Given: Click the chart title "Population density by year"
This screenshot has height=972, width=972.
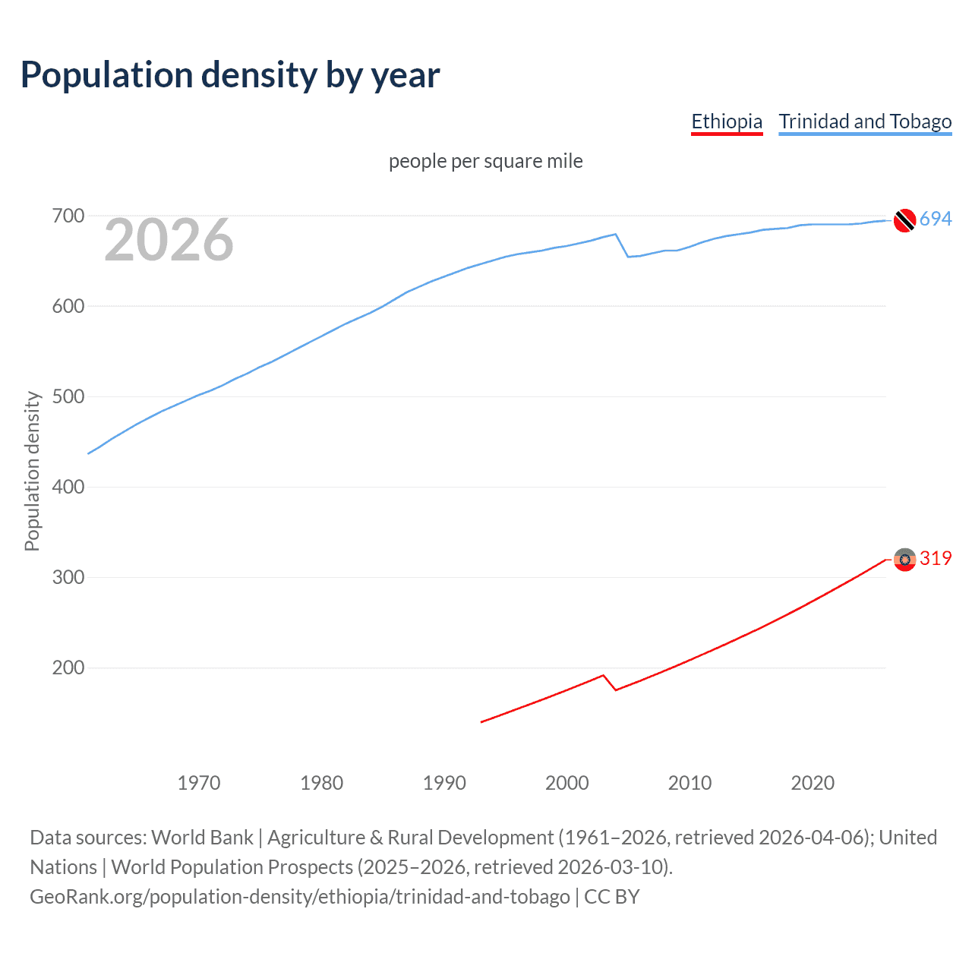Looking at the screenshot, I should click(230, 75).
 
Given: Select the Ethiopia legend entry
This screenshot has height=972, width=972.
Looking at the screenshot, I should click(726, 121).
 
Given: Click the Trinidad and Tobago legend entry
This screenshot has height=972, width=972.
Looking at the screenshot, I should click(865, 121).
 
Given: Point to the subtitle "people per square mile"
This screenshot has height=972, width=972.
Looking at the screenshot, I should click(485, 161).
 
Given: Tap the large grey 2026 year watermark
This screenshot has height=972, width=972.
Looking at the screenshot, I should click(169, 240).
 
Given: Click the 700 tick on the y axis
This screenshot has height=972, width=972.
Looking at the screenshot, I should click(68, 216).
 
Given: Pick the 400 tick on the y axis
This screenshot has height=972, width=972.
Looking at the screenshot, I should click(68, 487).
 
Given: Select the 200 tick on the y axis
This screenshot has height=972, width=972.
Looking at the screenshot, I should click(68, 668).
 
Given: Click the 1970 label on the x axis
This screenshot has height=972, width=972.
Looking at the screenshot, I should click(199, 783).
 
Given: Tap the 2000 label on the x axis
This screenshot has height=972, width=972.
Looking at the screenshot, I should click(566, 783).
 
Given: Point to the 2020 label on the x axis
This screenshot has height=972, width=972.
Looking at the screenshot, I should click(813, 783).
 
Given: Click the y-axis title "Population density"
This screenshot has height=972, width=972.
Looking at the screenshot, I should click(32, 471).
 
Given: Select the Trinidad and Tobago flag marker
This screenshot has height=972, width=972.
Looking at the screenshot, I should click(904, 220).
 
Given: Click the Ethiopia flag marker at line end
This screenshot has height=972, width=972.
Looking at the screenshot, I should click(904, 560).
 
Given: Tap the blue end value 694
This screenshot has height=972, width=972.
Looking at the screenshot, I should click(936, 219).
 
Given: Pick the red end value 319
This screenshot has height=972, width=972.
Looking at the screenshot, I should click(936, 559).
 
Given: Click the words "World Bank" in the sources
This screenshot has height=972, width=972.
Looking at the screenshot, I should click(202, 838).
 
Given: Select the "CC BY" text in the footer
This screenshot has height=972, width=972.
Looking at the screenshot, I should click(611, 897).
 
